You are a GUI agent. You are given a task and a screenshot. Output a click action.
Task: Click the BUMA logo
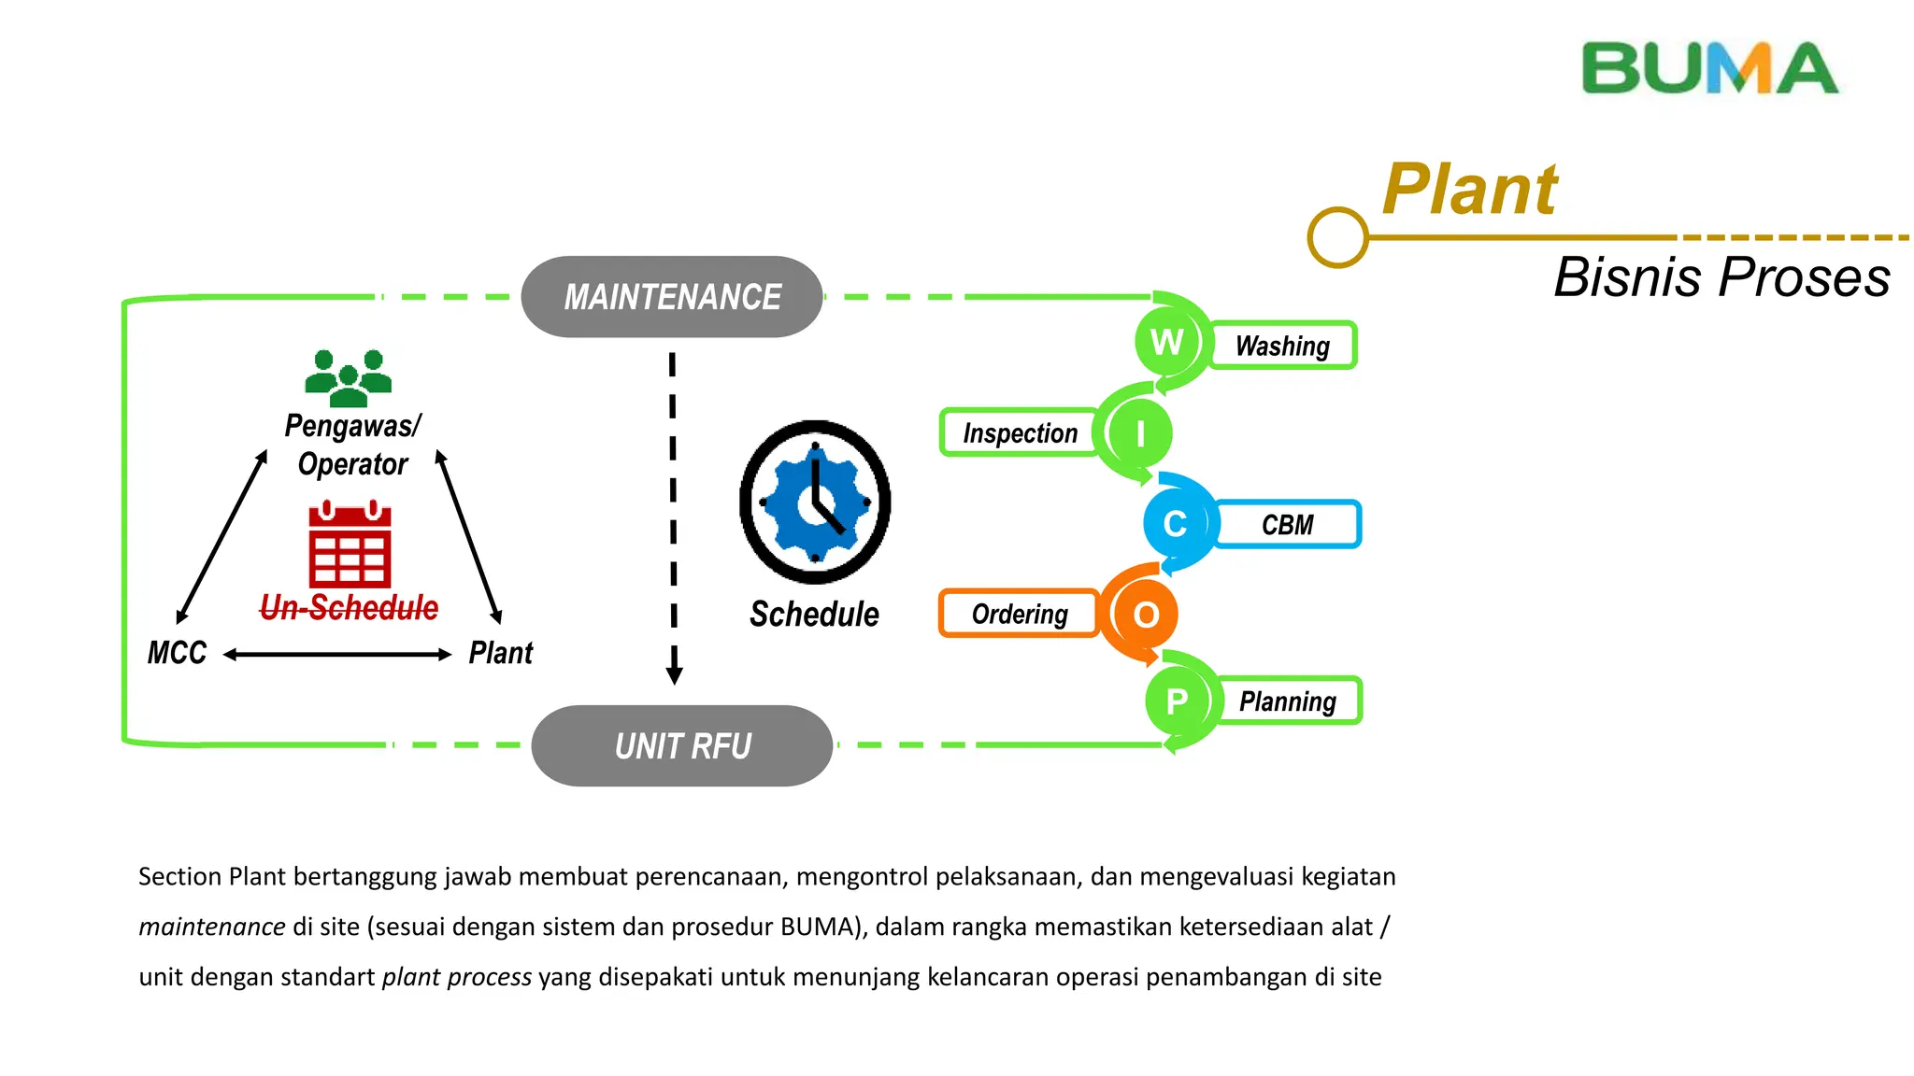point(1709,68)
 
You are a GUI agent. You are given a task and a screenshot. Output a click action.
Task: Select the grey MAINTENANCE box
point(672,297)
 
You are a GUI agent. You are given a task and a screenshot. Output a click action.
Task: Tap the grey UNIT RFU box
point(682,745)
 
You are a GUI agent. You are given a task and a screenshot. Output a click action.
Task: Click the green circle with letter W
point(1166,342)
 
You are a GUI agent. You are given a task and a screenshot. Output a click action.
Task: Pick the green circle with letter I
point(1139,433)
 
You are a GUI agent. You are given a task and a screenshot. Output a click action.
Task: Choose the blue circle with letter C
point(1175,524)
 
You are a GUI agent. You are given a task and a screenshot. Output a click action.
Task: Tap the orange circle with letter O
point(1146,615)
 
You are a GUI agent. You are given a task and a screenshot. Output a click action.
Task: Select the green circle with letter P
point(1177,701)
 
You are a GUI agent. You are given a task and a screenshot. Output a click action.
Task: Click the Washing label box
point(1283,346)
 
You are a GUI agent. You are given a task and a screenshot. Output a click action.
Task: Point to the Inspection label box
point(1020,433)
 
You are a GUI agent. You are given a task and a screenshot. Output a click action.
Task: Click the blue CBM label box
point(1288,525)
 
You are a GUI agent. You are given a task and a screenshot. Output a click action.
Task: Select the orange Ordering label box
point(1020,614)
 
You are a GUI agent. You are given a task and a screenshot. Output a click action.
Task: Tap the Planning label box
point(1288,701)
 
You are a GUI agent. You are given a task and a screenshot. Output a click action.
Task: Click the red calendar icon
point(350,545)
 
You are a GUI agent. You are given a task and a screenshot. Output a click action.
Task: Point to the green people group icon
point(349,378)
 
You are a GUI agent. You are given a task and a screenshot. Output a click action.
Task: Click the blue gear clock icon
point(815,503)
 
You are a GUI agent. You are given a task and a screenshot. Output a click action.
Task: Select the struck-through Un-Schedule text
point(349,608)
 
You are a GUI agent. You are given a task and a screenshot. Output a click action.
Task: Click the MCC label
point(177,653)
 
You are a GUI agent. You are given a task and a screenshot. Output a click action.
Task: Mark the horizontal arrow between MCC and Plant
point(337,655)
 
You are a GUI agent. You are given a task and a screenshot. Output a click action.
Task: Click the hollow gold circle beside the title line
point(1337,237)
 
